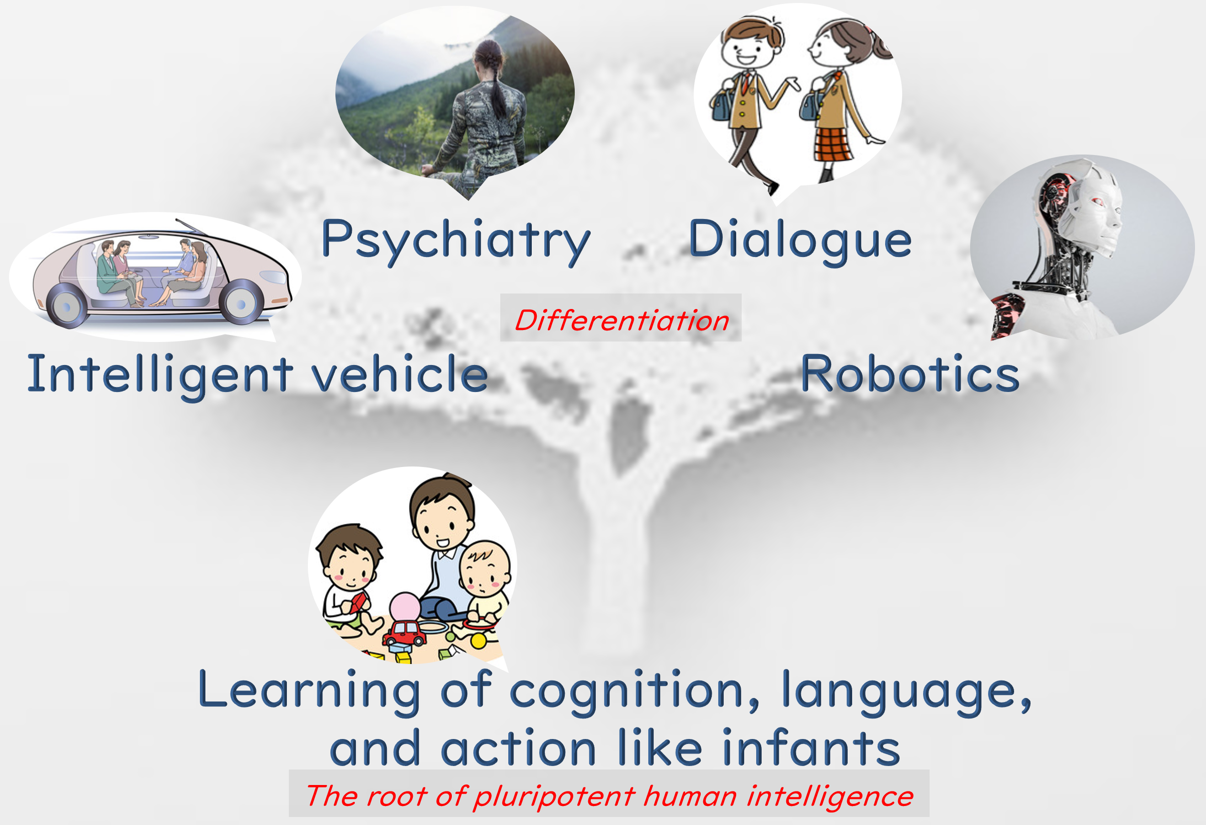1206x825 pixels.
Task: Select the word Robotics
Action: [910, 374]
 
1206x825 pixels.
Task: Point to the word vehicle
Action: [399, 374]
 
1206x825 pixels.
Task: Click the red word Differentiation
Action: [621, 320]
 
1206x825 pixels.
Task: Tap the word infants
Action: [811, 747]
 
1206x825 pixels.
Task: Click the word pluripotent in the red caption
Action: [554, 796]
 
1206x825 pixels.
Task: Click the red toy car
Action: [405, 631]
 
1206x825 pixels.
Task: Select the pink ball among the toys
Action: [405, 607]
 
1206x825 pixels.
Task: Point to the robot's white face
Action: [1095, 218]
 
